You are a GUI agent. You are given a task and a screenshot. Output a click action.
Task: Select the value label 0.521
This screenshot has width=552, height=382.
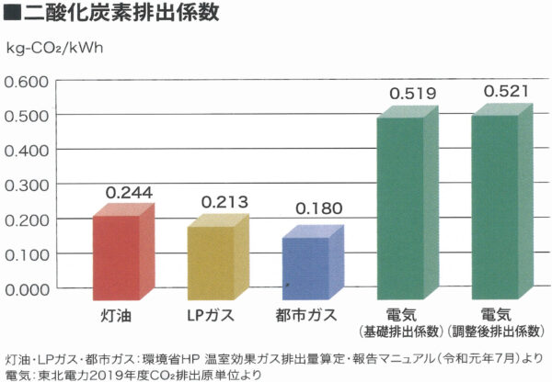click(x=506, y=92)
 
